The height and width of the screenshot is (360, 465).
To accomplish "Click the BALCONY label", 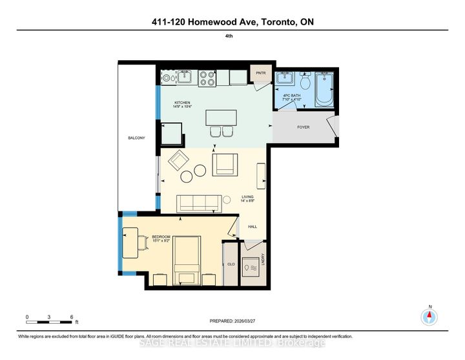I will (136, 138).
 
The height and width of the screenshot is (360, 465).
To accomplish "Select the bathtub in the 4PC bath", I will (324, 89).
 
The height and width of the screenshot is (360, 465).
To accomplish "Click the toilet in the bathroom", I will (305, 83).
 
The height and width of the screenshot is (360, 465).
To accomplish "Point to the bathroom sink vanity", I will (285, 80).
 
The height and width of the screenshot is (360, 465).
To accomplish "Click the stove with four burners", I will (207, 78).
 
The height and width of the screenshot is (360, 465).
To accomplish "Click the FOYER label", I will (303, 127).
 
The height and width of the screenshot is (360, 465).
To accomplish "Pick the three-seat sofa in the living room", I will (199, 204).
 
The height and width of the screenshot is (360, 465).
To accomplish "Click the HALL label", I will (253, 226).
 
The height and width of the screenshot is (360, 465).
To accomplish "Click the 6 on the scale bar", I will (72, 316).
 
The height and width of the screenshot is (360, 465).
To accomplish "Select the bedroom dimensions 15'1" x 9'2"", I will (161, 241).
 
